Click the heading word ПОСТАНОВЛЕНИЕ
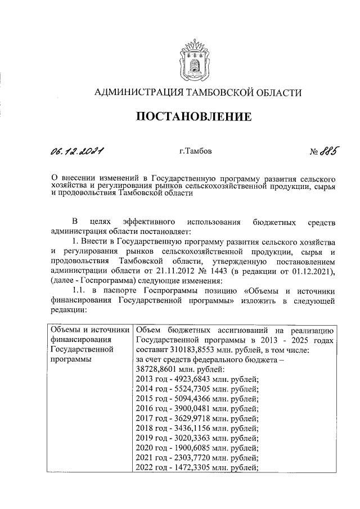[192, 117]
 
